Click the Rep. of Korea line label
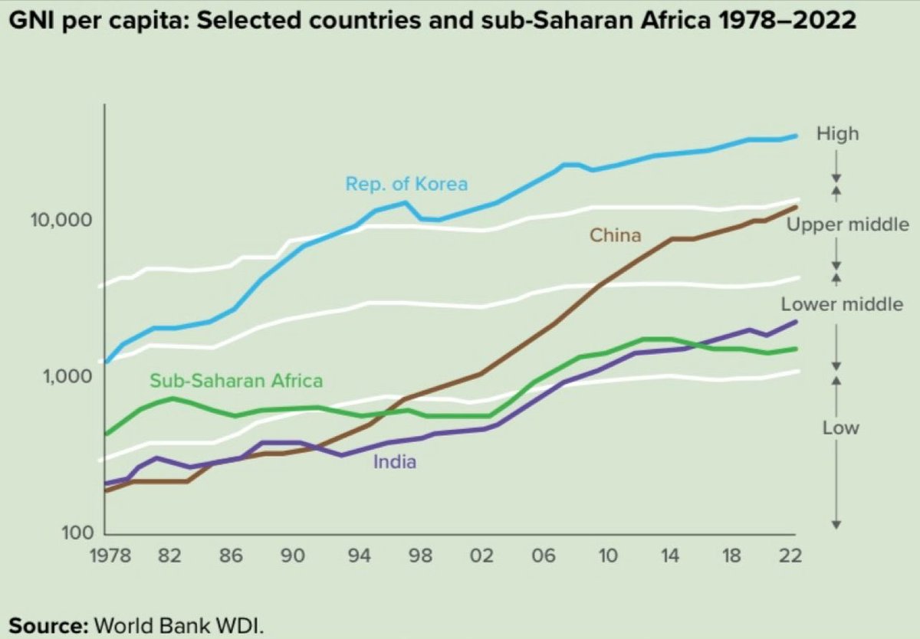[x=406, y=184]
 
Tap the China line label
[x=615, y=235]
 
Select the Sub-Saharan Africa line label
[x=236, y=380]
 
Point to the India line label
[x=394, y=461]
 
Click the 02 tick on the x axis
[x=481, y=555]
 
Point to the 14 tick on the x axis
[x=669, y=555]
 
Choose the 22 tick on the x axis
[x=793, y=555]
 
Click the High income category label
[x=837, y=134]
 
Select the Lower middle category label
[x=842, y=304]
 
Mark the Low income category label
[x=840, y=428]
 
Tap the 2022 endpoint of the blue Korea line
[x=796, y=136]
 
